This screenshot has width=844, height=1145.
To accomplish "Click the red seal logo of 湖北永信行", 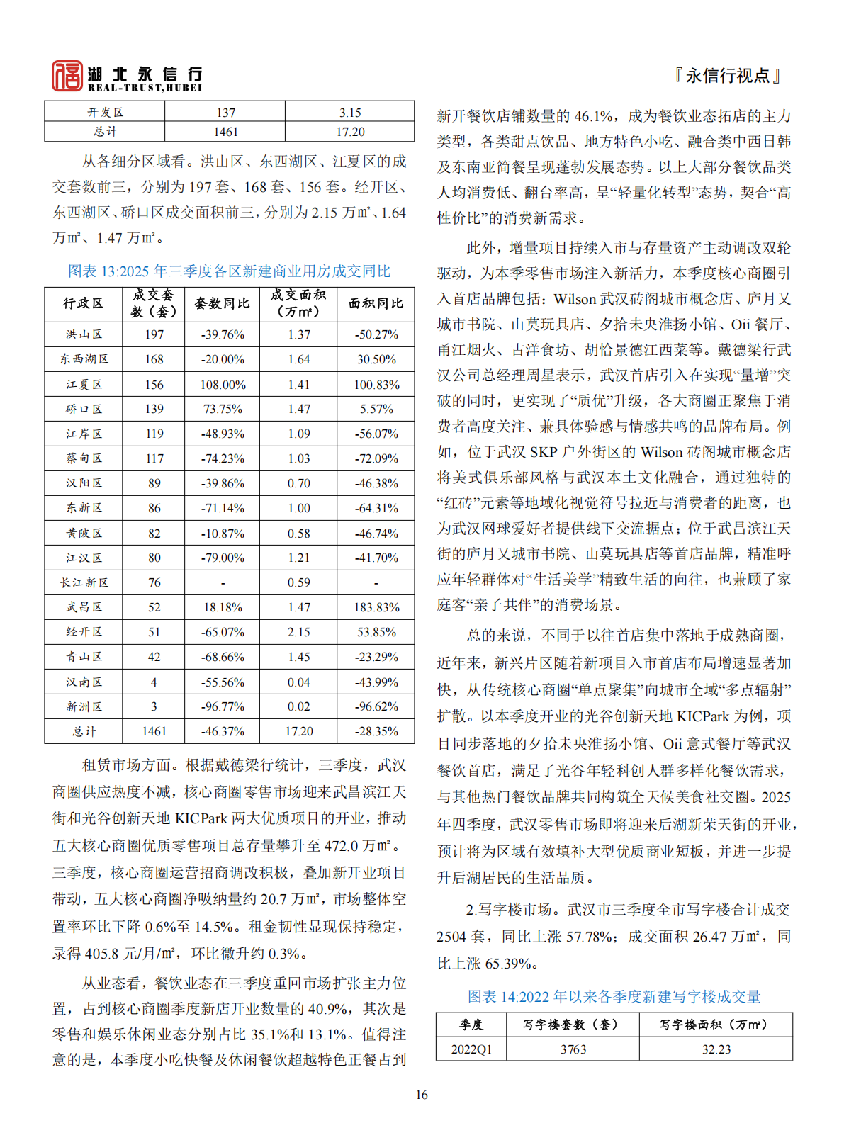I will tap(67, 76).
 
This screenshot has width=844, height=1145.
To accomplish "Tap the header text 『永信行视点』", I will tap(728, 76).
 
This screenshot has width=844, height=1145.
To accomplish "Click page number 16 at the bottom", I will tap(422, 1095).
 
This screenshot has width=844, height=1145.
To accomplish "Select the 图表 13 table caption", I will tap(229, 271).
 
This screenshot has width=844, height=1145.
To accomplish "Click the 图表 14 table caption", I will tap(614, 997).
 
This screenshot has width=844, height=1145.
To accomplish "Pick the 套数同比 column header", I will tap(222, 303).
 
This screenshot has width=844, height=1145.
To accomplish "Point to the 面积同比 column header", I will tap(376, 303).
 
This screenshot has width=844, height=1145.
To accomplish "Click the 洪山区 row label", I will tap(84, 334).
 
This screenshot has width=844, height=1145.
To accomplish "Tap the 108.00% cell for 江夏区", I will tap(223, 385).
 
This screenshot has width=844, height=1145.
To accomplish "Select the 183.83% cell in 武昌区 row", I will tap(376, 607).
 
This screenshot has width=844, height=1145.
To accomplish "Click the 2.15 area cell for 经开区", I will tap(299, 632).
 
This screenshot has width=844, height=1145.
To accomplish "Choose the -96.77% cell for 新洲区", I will tap(223, 706).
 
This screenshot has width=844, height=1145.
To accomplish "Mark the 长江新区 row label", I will tap(84, 582).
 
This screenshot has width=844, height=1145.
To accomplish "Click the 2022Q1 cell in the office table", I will tap(471, 1049).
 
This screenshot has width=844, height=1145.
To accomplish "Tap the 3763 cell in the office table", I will tap(573, 1049).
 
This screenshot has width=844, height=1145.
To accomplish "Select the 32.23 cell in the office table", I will tap(716, 1049).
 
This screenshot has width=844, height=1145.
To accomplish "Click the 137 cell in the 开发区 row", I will tap(225, 113).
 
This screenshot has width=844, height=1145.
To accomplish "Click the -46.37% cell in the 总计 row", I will tap(223, 731).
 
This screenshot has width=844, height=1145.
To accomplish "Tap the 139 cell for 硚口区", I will tap(154, 409).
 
